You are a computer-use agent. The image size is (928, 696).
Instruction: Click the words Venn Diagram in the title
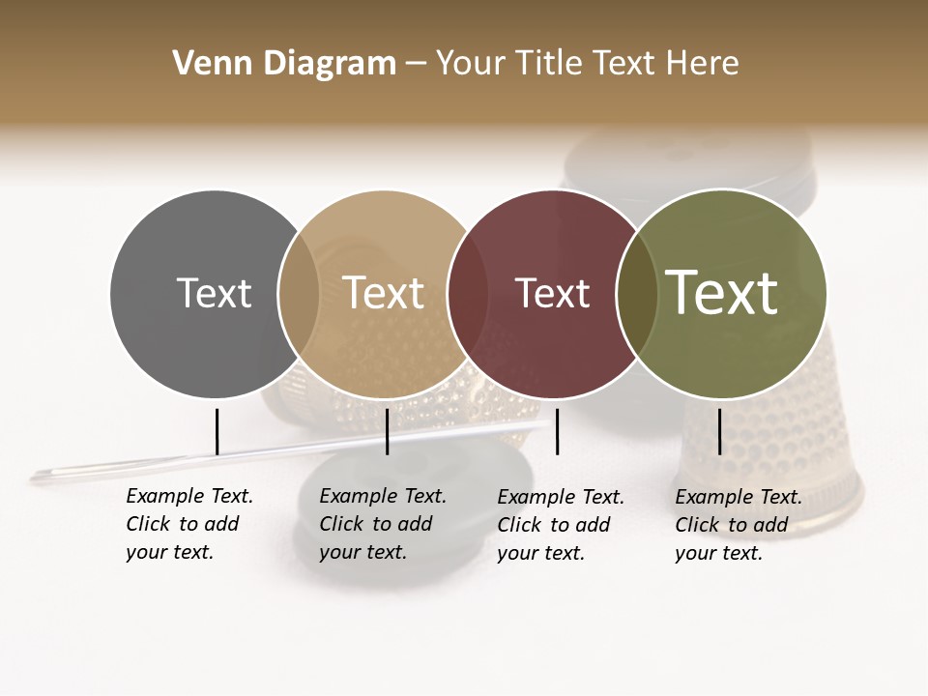[284, 64]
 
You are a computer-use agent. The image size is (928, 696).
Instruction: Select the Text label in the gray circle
[214, 293]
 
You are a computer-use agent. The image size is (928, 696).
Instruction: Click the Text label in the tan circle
[383, 293]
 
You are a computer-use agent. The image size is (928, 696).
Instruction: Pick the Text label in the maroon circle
[552, 293]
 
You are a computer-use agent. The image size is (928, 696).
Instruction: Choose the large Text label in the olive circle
[722, 293]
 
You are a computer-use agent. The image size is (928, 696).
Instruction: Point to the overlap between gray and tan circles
[299, 293]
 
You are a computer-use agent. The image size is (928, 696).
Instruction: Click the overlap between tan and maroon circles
[467, 293]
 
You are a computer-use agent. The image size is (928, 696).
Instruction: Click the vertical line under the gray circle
[217, 431]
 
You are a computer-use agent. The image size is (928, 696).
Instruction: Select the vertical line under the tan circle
[387, 431]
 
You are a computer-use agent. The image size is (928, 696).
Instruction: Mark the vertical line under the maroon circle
[557, 431]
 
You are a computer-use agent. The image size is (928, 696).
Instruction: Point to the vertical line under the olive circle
[719, 431]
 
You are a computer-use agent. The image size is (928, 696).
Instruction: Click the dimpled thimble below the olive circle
[773, 454]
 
